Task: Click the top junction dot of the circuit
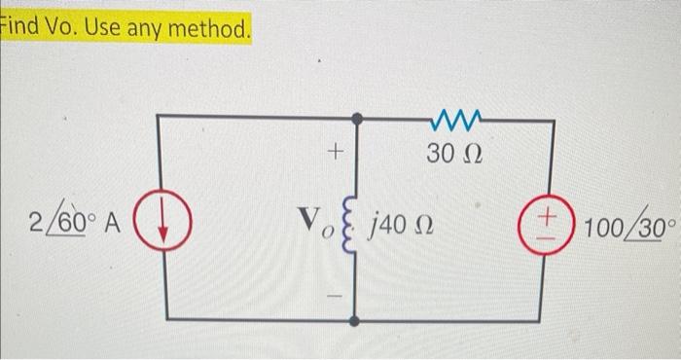click(x=358, y=119)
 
